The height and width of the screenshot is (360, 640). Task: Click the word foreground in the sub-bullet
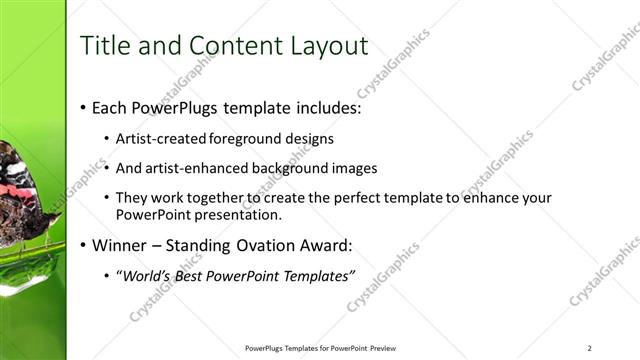click(x=247, y=139)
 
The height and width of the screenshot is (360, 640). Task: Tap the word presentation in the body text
click(x=242, y=214)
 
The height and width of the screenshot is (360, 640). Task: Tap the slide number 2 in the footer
click(x=590, y=348)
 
